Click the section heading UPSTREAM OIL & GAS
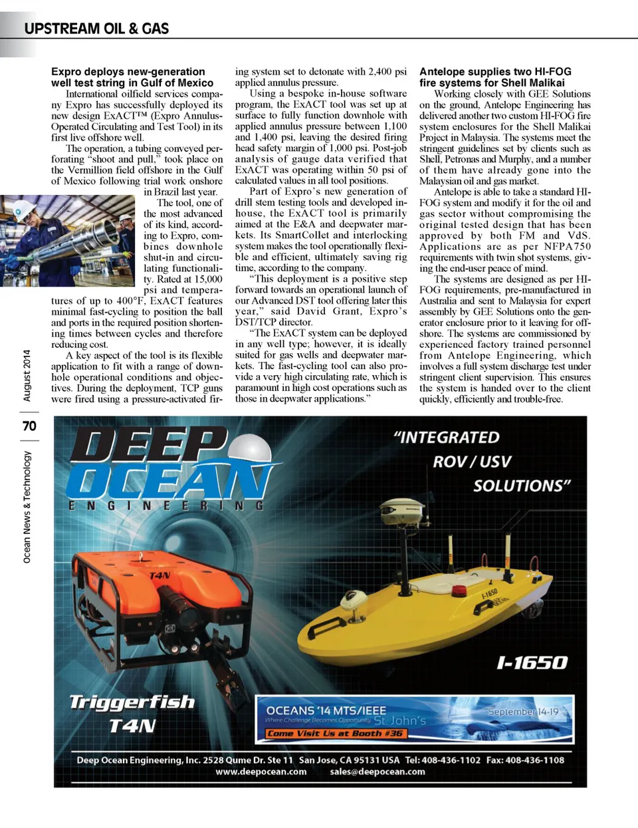[x=96, y=29]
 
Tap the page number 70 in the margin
[x=29, y=426]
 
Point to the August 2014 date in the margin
[x=27, y=375]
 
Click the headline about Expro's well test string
[x=132, y=77]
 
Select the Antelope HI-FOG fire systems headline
[x=495, y=77]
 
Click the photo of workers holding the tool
[x=67, y=241]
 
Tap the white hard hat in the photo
[x=25, y=208]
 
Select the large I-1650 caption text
[x=532, y=662]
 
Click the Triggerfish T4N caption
[x=132, y=712]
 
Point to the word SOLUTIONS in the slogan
[x=522, y=485]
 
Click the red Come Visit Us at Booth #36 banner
[x=335, y=734]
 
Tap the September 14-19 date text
[x=523, y=711]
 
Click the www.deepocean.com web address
[x=261, y=771]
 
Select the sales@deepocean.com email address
[x=377, y=771]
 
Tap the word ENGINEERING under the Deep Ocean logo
[x=166, y=506]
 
